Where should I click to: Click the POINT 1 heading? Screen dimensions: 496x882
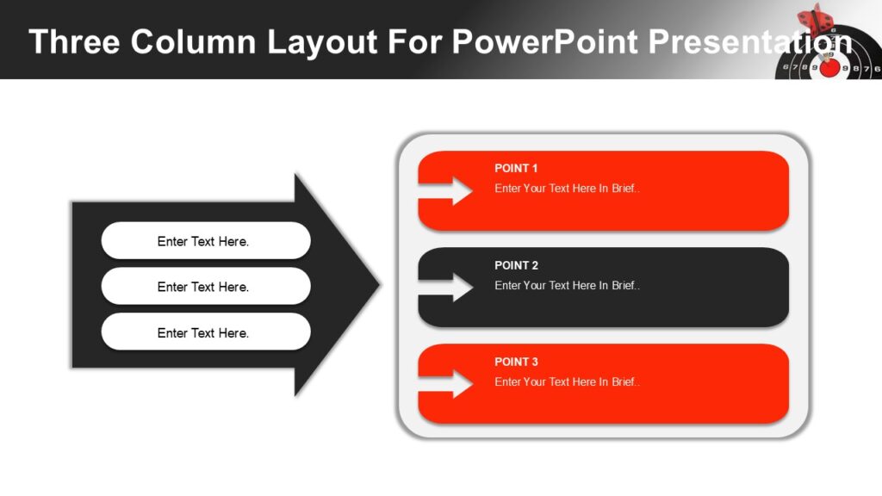point(516,168)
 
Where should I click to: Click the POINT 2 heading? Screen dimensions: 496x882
point(516,265)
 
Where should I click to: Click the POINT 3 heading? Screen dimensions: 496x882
point(516,362)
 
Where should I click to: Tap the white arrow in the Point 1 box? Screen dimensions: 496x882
point(448,191)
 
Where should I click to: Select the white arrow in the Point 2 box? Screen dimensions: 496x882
point(448,288)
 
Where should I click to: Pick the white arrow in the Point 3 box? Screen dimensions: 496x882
point(448,384)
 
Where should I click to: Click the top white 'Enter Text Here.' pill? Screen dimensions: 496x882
point(205,241)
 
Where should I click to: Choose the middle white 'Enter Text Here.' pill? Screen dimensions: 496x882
point(205,287)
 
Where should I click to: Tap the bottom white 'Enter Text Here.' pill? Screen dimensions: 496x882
point(205,332)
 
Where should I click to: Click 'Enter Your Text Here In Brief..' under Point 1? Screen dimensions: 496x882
point(567,189)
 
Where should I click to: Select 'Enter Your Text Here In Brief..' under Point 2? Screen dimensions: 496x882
point(567,285)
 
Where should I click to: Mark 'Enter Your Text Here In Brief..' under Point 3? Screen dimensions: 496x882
point(567,381)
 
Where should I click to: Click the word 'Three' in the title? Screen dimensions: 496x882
point(73,41)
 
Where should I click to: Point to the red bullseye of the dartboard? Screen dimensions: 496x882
point(829,67)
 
